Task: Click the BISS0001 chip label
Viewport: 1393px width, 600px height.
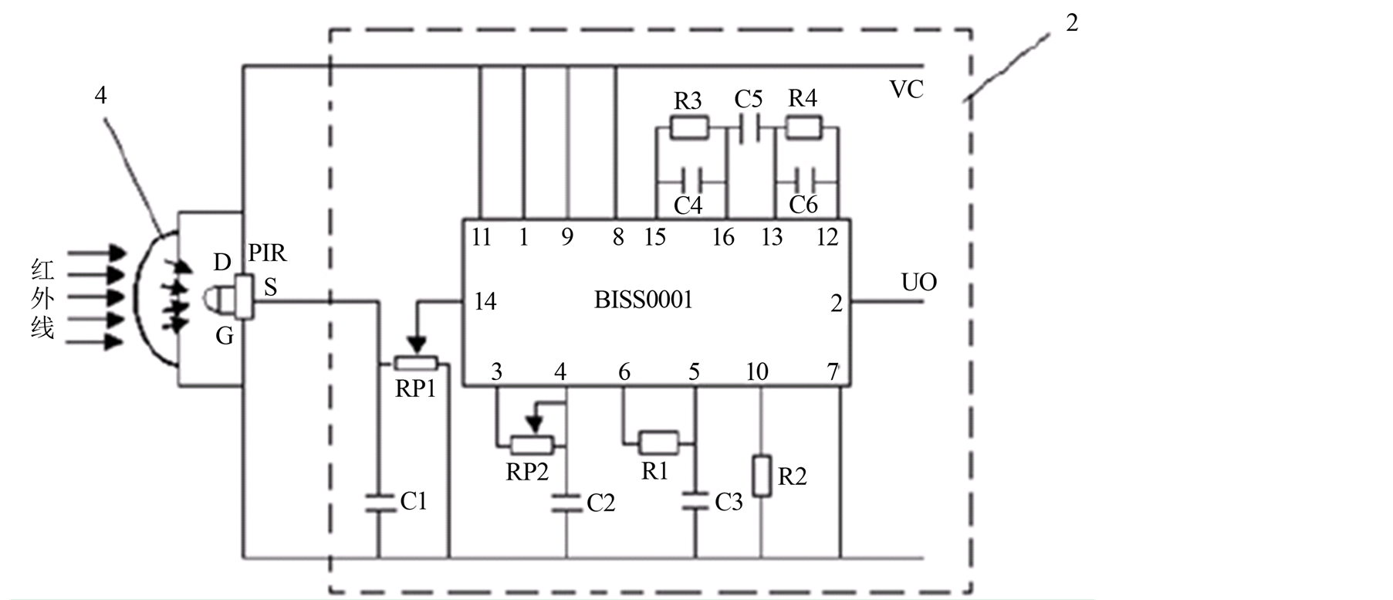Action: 643,300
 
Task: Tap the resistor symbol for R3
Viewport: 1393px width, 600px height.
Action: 688,127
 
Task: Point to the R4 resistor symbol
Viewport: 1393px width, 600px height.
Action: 803,127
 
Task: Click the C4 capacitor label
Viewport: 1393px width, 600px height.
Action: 688,205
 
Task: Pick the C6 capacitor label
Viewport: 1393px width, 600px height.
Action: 803,205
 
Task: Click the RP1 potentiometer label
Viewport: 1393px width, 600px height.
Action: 415,389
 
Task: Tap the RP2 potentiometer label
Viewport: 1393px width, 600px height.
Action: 527,471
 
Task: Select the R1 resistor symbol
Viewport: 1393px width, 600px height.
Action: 659,443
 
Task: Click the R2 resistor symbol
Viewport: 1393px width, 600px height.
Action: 762,476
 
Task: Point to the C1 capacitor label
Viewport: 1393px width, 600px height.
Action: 414,502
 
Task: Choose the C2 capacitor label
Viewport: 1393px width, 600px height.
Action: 601,503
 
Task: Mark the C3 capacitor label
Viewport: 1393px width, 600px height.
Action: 729,503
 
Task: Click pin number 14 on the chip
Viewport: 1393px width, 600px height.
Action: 485,301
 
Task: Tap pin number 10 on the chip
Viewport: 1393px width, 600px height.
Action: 757,372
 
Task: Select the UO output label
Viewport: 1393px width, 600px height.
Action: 918,283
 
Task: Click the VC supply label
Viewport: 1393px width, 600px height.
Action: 907,90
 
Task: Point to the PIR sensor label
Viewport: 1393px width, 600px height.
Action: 267,253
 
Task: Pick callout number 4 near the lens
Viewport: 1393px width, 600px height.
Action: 100,95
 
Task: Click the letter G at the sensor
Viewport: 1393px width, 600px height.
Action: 225,336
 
